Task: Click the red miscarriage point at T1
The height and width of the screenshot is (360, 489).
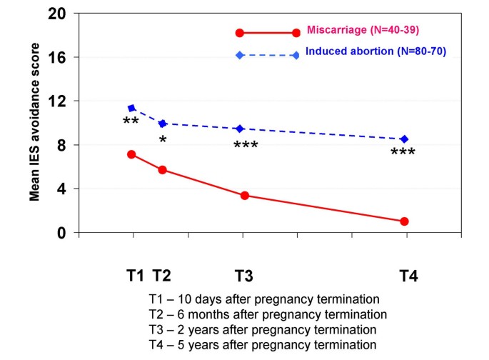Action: (131, 154)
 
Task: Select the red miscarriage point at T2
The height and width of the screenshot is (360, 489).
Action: (163, 170)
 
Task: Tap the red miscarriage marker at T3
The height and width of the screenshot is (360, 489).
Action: (245, 196)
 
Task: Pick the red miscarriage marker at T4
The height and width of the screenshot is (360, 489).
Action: (404, 221)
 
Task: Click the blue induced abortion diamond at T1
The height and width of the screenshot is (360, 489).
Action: (131, 108)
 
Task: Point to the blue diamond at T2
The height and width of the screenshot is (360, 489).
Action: (163, 124)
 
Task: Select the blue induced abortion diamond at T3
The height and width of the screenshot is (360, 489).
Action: (241, 129)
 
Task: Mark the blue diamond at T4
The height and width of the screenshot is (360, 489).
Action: (404, 139)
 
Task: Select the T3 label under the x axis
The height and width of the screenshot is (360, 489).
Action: (245, 276)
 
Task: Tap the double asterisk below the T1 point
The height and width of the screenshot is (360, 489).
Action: (131, 122)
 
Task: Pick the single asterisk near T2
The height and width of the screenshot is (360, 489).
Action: (163, 140)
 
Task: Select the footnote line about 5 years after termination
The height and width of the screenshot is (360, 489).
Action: (263, 344)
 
